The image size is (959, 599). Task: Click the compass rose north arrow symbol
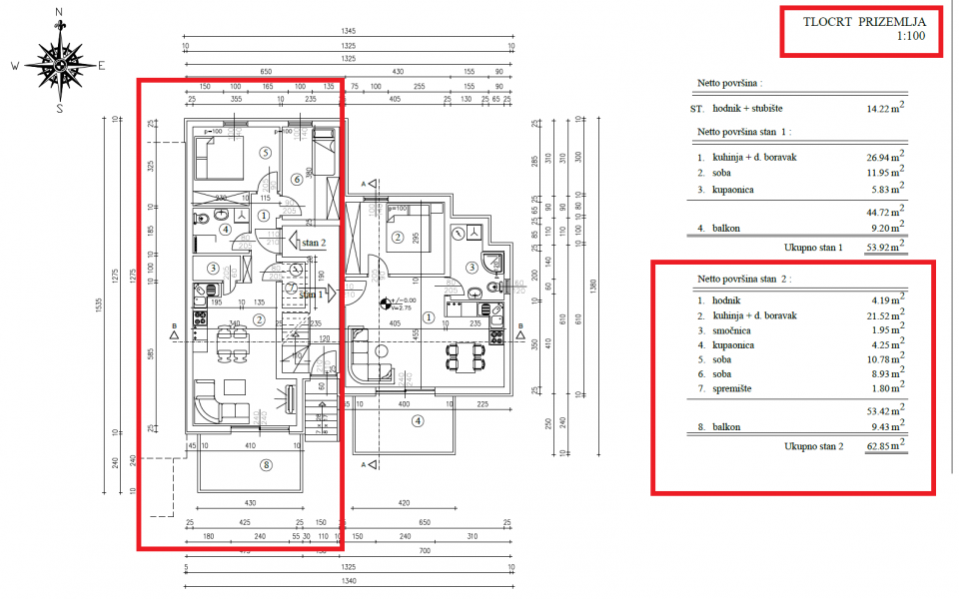click(59, 61)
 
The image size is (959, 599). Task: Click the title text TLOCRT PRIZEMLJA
click(865, 20)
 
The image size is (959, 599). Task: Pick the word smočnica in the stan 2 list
click(734, 329)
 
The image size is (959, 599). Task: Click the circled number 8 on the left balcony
click(265, 464)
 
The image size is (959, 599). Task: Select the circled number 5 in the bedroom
click(265, 153)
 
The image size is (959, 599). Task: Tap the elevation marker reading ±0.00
click(402, 299)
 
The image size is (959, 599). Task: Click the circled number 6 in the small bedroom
click(297, 180)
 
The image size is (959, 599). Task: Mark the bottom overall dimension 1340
click(348, 581)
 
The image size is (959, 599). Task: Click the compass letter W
click(15, 66)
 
